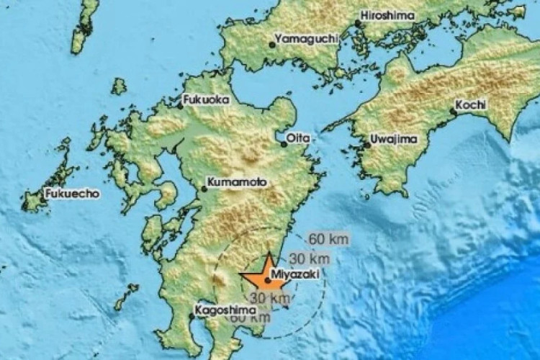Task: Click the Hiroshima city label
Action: tap(384, 14)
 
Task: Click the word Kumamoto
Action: tap(234, 184)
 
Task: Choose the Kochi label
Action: tap(472, 104)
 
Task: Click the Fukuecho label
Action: tap(71, 194)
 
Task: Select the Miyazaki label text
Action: tap(293, 274)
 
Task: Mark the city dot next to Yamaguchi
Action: tap(271, 44)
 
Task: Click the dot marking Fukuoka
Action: tap(181, 105)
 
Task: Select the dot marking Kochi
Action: tap(453, 112)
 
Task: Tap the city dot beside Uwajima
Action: tap(366, 145)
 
